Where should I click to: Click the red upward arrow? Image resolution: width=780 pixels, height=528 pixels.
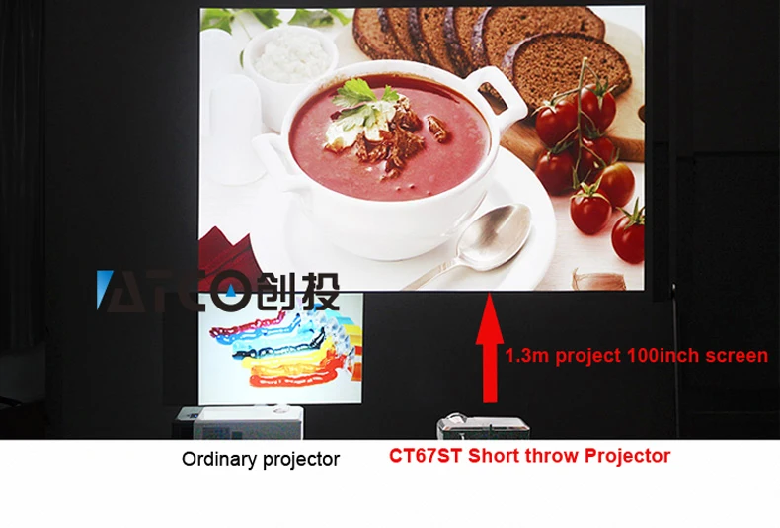[490, 348]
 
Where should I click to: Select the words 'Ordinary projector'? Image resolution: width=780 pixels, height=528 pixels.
[261, 459]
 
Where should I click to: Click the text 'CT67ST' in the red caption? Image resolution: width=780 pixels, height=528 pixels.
[426, 456]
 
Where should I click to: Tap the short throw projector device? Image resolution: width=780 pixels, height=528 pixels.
[483, 426]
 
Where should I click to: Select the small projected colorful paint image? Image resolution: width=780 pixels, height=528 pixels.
[280, 348]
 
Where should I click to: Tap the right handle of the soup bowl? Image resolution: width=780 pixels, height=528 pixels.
[498, 93]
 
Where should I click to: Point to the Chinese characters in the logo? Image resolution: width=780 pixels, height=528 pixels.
[300, 292]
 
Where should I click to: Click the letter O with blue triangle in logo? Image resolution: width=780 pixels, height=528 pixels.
[230, 291]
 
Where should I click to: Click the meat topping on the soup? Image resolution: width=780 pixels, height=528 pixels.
[393, 137]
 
